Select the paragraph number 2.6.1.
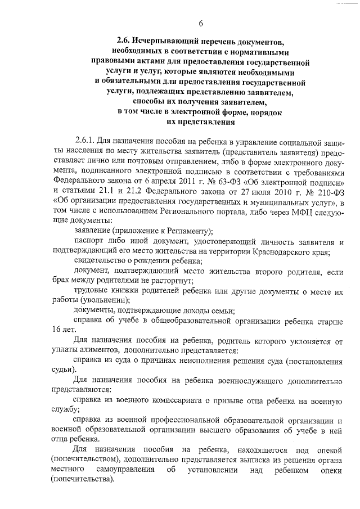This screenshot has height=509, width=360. point(87,139)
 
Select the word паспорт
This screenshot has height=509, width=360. point(90,241)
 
